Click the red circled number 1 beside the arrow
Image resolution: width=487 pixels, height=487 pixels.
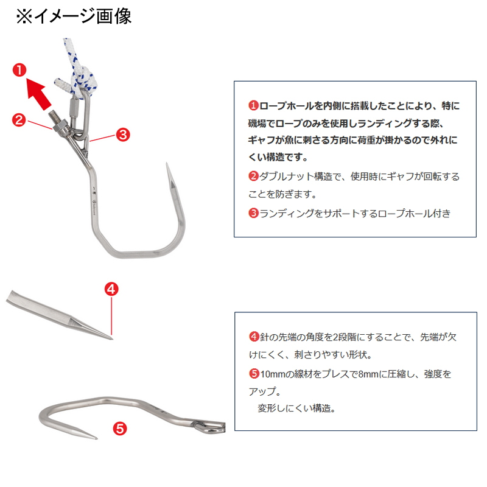point(19,70)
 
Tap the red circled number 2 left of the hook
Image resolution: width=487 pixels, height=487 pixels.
point(19,120)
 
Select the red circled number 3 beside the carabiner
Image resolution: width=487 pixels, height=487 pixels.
point(123,135)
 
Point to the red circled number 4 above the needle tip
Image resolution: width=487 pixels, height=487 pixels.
point(111,289)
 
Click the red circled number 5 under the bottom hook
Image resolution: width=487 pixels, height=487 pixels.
point(120,429)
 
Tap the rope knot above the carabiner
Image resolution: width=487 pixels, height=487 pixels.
point(84,79)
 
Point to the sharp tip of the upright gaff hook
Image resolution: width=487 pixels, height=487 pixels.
point(167,163)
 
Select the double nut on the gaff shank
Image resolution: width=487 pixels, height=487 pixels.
point(60,127)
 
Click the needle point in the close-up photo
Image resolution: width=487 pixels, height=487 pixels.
point(111,338)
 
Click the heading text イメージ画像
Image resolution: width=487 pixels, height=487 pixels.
point(83,16)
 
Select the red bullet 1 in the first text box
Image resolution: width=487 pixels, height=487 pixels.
point(253,105)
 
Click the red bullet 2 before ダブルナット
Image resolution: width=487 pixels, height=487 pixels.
point(253,177)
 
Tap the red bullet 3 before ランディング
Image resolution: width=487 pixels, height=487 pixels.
point(253,213)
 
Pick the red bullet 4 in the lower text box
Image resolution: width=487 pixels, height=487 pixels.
point(254,337)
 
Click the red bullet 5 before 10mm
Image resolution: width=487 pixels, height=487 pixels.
point(254,373)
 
